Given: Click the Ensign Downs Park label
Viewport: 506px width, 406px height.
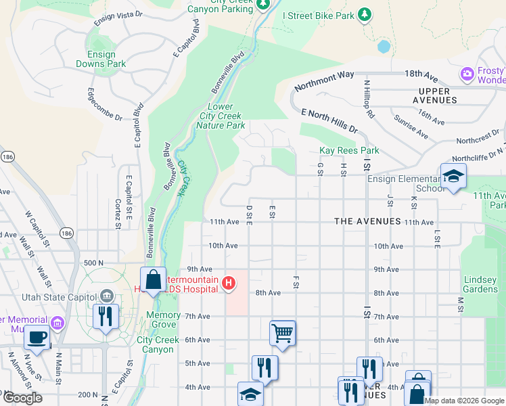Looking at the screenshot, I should tap(106, 59).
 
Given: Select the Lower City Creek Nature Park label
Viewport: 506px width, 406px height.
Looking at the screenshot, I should tap(222, 116).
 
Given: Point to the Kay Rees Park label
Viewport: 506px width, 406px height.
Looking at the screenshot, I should tap(349, 150).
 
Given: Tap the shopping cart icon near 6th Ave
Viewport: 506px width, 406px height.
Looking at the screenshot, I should tap(282, 333).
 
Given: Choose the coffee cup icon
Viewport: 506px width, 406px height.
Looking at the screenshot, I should tap(37, 337).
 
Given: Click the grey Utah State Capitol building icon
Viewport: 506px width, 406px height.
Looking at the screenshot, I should tap(106, 296).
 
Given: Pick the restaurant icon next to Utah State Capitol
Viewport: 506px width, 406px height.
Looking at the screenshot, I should tap(105, 316).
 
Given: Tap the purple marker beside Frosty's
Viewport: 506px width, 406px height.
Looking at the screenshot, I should tap(467, 73).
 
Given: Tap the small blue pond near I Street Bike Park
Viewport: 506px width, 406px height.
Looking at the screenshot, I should tap(384, 47).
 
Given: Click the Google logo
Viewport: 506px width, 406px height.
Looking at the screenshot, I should tap(22, 398).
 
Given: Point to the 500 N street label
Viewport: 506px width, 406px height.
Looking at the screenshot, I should tap(93, 263).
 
